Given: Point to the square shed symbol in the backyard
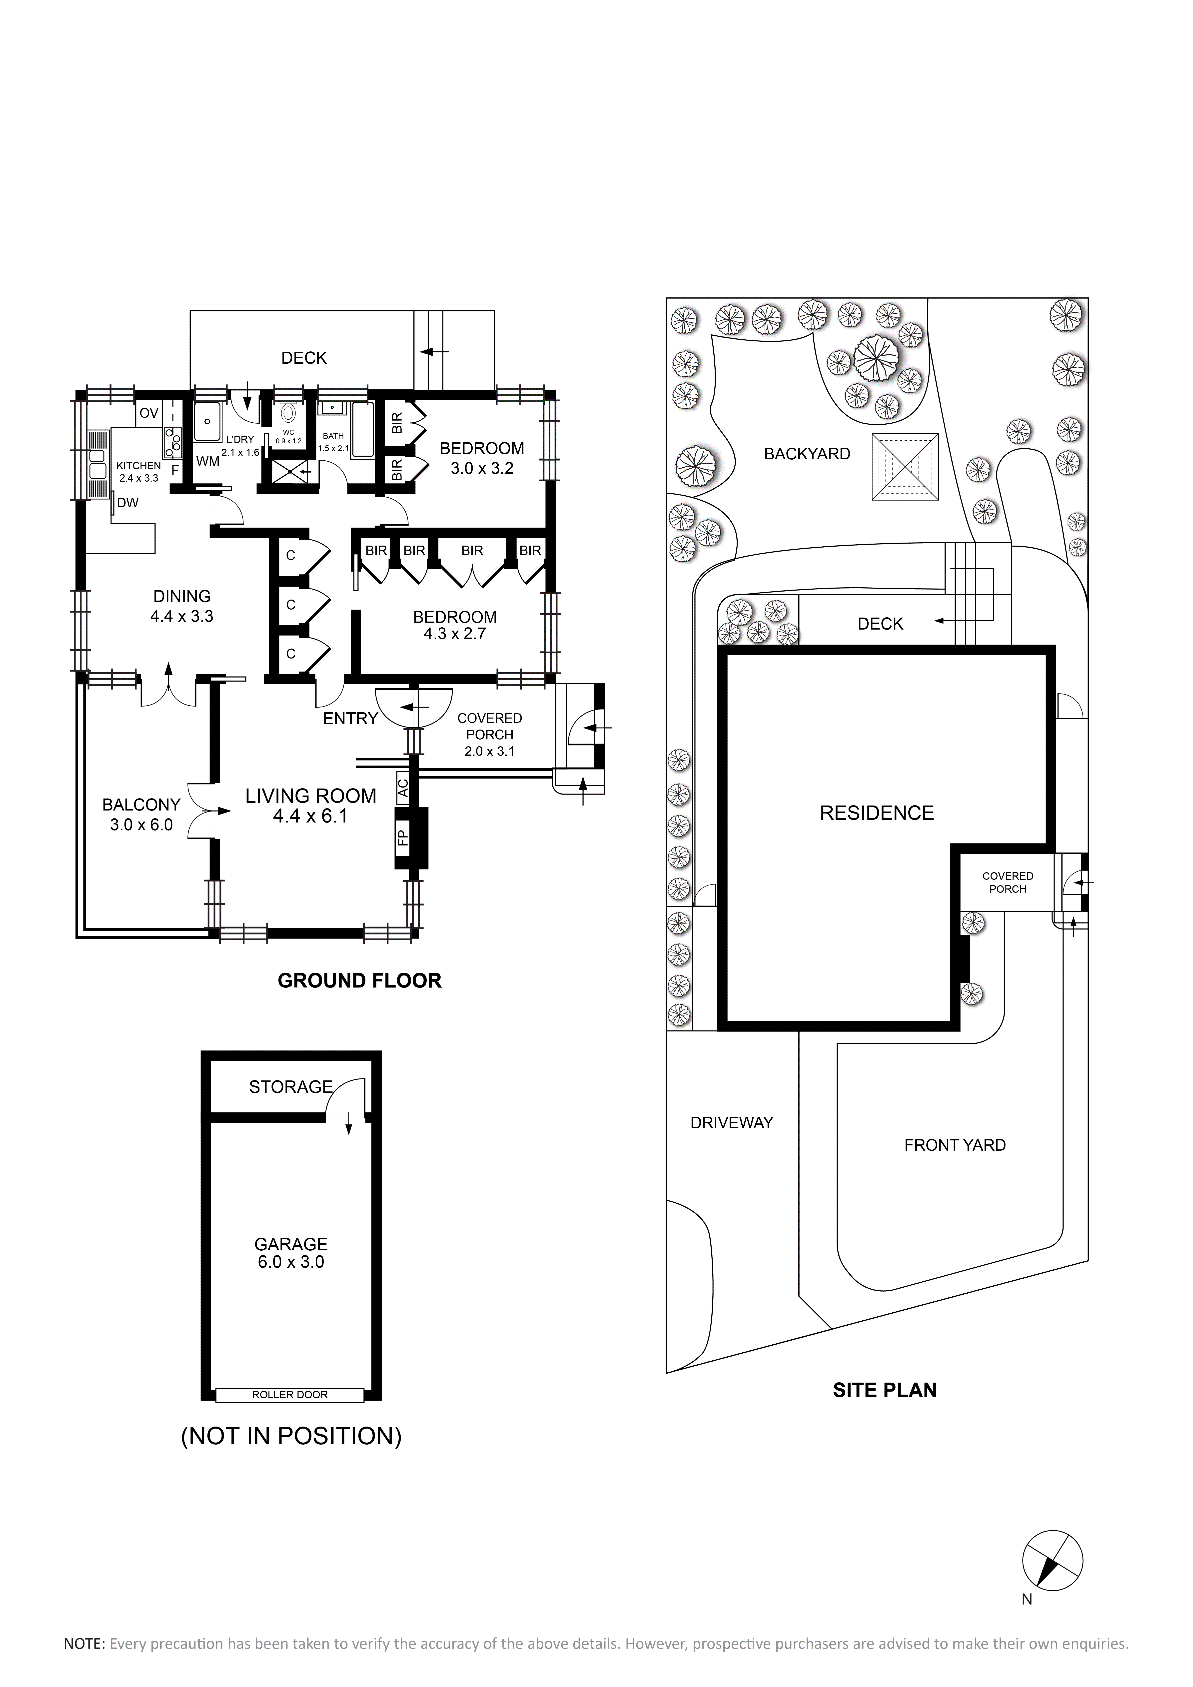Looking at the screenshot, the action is click(x=906, y=467).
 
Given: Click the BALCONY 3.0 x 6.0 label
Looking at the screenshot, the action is click(x=141, y=815).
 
